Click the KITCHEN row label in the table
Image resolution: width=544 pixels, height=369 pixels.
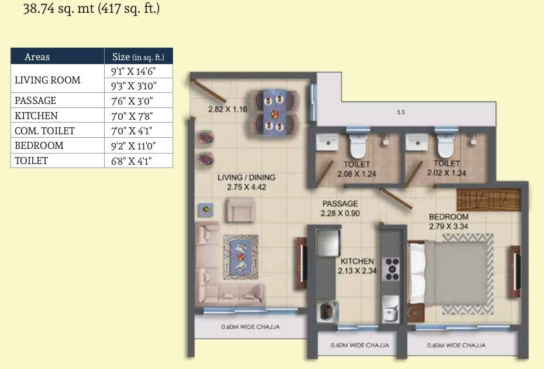click(x=36, y=116)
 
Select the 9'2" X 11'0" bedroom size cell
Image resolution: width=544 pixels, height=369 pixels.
click(x=138, y=145)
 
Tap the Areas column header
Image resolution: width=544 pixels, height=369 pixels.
click(x=37, y=57)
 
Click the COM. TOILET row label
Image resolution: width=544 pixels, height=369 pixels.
click(x=45, y=131)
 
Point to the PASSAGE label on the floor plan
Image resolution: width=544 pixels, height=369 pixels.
click(x=339, y=204)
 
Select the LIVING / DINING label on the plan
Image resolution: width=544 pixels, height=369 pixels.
click(x=246, y=177)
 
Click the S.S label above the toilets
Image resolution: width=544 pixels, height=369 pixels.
click(x=401, y=112)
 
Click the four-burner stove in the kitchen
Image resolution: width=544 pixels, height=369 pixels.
click(x=391, y=268)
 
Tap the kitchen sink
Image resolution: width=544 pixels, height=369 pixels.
click(x=390, y=309)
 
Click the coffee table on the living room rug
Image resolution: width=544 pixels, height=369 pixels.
click(x=241, y=252)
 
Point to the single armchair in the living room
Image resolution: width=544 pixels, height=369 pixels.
click(x=240, y=208)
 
